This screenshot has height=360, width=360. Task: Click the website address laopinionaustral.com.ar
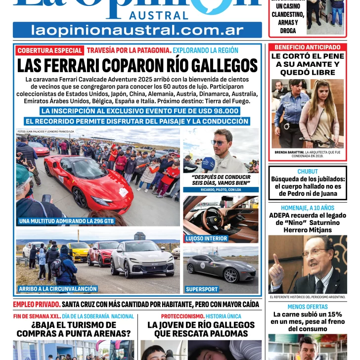(x=137, y=30)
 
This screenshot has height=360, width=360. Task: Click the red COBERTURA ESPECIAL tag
(x=49, y=50)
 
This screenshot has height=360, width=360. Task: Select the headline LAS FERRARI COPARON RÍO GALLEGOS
(x=137, y=66)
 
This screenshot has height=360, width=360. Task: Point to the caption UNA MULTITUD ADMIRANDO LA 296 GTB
(x=66, y=221)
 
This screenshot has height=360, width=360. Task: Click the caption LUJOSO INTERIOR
(x=206, y=238)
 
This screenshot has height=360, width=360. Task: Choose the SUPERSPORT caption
(x=202, y=289)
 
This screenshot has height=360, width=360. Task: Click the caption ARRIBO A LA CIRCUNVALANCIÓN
(x=58, y=289)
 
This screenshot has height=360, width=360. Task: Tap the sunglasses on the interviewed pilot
(x=220, y=142)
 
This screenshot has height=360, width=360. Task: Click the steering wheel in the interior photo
(x=214, y=216)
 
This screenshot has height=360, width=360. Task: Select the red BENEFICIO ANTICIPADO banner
(x=307, y=47)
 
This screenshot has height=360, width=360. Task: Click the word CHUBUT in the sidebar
(x=308, y=172)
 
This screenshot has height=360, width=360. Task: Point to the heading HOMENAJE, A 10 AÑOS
(x=308, y=208)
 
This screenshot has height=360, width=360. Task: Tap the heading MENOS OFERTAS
(x=308, y=307)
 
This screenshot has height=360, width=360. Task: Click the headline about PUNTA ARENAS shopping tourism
(x=73, y=329)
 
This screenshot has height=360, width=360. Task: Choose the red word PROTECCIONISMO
(x=182, y=316)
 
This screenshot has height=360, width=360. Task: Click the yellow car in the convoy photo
(x=79, y=250)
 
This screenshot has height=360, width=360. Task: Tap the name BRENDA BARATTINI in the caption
(x=289, y=152)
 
